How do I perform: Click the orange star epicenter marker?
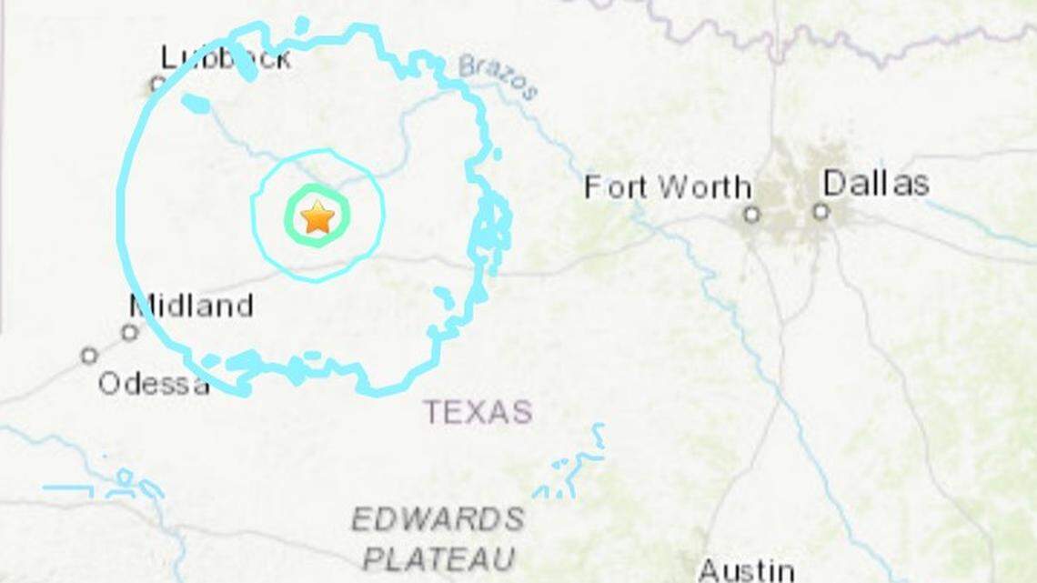click(x=317, y=217)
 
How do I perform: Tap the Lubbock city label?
click(x=226, y=58)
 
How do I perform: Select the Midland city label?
click(x=191, y=306)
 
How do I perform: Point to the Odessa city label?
click(x=153, y=384)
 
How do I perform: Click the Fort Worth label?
click(x=667, y=187)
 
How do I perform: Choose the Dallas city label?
click(x=875, y=184)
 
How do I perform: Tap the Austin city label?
click(x=745, y=570)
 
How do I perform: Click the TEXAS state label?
click(x=478, y=412)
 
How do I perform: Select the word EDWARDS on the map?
click(x=438, y=519)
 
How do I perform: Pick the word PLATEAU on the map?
click(x=438, y=558)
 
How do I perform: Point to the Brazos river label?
click(x=498, y=76)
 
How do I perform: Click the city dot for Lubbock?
click(x=156, y=85)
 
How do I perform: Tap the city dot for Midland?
click(x=130, y=332)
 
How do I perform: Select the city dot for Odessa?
click(x=89, y=356)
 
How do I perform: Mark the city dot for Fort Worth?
click(x=751, y=215)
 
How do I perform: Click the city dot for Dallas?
click(x=821, y=212)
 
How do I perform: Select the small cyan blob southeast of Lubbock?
click(x=195, y=105)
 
